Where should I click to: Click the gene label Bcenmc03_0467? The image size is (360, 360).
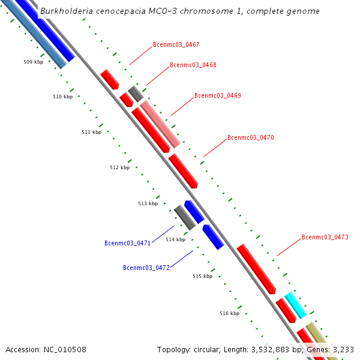tap(176, 45)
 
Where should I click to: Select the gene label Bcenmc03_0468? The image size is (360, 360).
tap(193, 65)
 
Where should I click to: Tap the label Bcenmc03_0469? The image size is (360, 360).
tap(217, 96)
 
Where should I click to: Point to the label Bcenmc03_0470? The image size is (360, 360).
tap(250, 138)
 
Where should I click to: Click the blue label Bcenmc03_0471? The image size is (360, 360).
tap(127, 244)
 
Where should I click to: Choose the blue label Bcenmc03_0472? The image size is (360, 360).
tap(146, 268)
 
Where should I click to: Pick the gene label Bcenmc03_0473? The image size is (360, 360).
tap(325, 238)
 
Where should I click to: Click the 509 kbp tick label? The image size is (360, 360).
tap(33, 62)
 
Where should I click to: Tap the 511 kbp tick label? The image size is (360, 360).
tap(91, 132)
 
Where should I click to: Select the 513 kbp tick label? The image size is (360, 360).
tap(148, 204)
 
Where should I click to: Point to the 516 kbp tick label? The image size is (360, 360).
tap(229, 313)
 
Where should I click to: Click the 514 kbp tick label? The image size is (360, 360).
tap(176, 240)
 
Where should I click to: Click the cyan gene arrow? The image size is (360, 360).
tap(295, 305)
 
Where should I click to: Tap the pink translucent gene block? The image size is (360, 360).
tap(160, 125)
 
